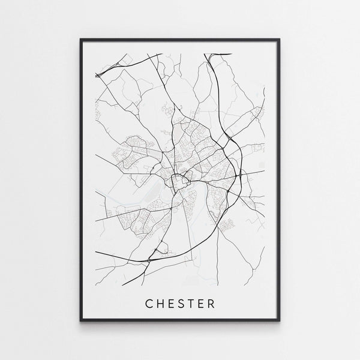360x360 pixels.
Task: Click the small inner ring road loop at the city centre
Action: tap(178, 179)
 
